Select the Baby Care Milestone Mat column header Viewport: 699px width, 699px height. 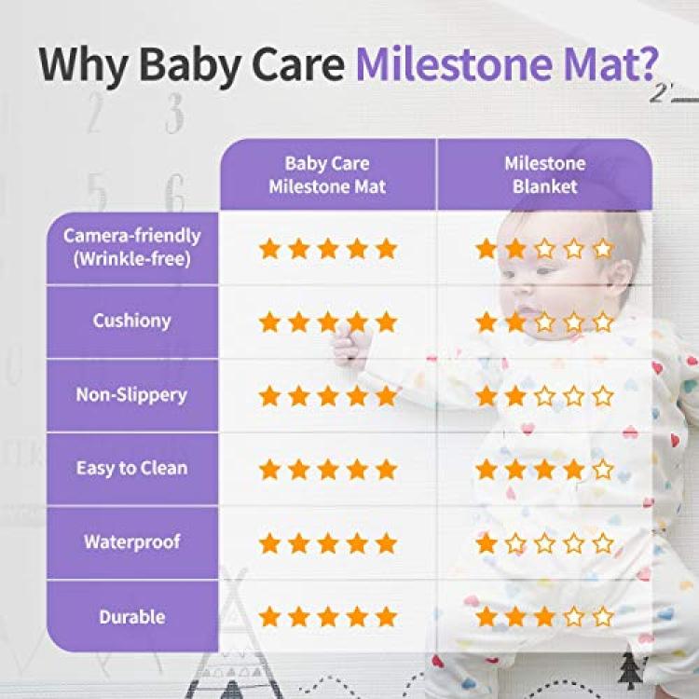[x=327, y=175]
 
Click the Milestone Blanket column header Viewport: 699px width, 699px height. [x=545, y=175]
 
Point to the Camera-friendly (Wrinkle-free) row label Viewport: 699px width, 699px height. [x=132, y=247]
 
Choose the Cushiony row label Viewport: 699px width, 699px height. [x=132, y=321]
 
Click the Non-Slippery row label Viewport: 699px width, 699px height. [x=131, y=395]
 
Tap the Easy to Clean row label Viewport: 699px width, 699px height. [x=132, y=468]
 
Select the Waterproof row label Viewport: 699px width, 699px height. [x=132, y=541]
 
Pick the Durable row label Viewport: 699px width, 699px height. [x=132, y=617]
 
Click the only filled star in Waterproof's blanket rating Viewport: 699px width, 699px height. [x=487, y=543]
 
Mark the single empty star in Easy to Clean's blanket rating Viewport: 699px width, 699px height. [x=603, y=470]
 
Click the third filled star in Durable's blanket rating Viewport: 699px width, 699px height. [x=544, y=617]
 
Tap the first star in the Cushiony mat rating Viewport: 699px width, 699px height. [x=269, y=322]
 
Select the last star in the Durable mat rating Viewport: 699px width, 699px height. [x=386, y=617]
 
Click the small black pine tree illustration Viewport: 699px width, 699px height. [x=629, y=670]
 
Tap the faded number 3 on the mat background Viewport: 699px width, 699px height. [x=174, y=113]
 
